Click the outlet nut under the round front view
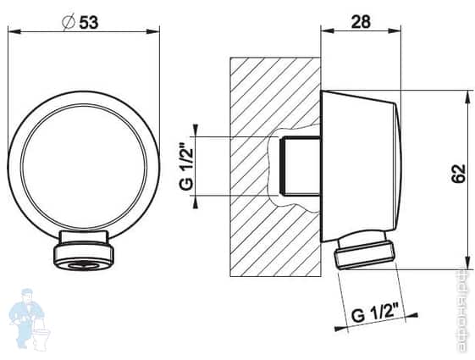click(84, 255)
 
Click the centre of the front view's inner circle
click(84, 163)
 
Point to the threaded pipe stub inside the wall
click(301, 165)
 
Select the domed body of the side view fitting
click(360, 165)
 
